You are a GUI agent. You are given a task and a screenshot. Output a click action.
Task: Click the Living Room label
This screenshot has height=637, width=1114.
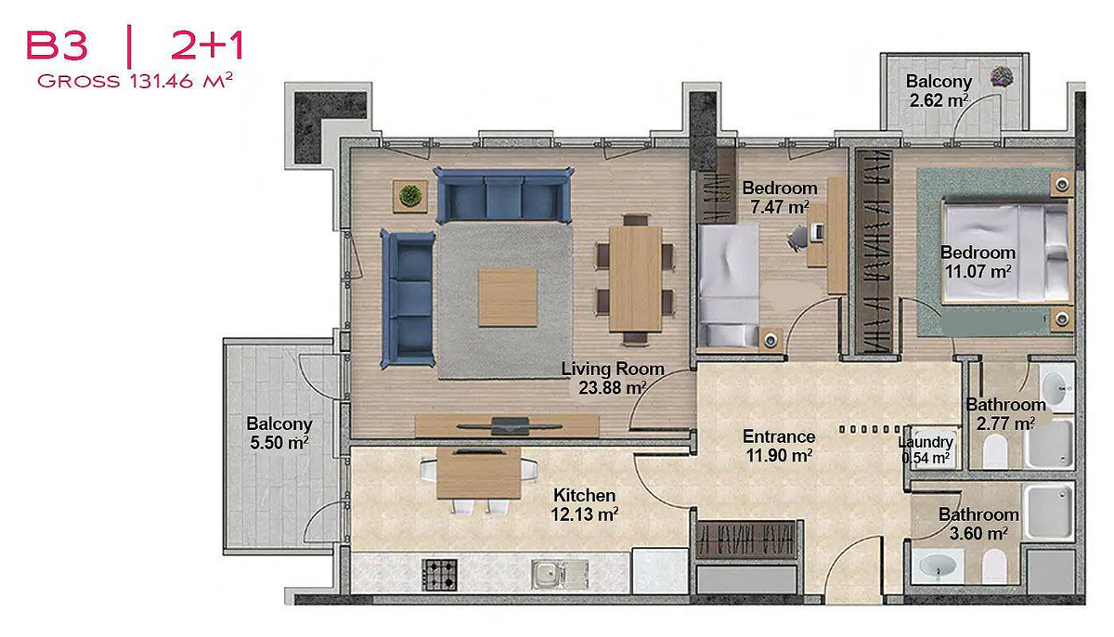pos(613,369)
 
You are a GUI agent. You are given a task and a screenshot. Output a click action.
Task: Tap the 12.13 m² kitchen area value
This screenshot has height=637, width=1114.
pos(584,514)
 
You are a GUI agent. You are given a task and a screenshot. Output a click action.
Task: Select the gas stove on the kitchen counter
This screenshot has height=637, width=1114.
pos(440,575)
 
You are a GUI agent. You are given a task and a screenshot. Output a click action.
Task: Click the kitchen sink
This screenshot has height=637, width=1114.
pos(560,575)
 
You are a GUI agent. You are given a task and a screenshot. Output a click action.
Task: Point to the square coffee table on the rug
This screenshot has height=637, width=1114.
pos(508,297)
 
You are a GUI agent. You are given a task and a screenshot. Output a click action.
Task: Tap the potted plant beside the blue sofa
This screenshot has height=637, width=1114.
pos(410,196)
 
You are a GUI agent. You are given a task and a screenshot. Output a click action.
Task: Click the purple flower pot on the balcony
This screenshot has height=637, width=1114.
pos(1002,77)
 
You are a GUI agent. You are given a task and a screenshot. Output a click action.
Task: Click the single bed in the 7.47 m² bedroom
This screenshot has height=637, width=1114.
pos(729,285)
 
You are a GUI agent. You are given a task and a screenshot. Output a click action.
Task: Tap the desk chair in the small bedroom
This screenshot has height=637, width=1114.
pos(797,237)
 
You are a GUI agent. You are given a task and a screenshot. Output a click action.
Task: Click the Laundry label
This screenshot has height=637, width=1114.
pos(926,442)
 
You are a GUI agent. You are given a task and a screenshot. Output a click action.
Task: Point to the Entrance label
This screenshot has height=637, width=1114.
pos(779,436)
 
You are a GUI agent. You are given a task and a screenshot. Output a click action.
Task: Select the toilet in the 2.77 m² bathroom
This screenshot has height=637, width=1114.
pos(995,450)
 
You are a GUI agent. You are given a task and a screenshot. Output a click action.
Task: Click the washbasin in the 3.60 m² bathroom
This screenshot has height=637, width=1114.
pos(938,565)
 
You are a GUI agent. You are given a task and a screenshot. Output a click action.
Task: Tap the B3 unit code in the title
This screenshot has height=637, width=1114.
pos(58,46)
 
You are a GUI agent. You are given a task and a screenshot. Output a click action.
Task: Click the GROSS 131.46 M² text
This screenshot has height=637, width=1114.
pos(136,81)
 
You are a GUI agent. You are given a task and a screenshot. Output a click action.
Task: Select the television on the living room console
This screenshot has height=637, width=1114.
pos(510,425)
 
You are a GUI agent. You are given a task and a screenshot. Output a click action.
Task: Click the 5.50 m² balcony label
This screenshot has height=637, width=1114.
pos(279,433)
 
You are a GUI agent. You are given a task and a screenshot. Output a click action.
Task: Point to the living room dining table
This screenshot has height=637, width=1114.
pos(636,279)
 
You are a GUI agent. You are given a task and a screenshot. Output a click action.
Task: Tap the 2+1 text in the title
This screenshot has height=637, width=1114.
pos(207,46)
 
